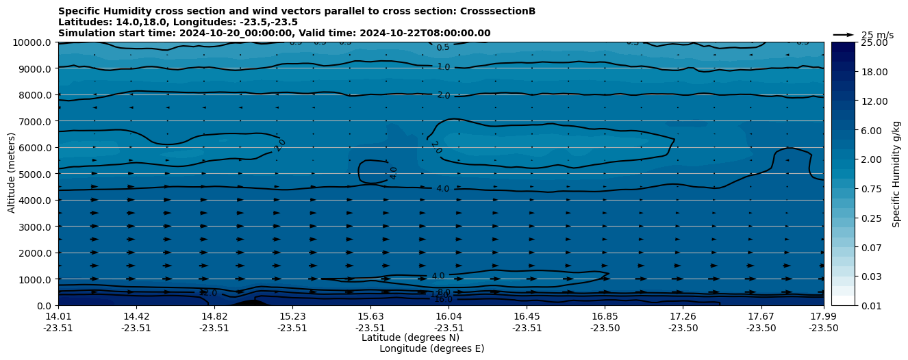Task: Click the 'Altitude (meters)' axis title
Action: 12,174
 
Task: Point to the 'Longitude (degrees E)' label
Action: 431,348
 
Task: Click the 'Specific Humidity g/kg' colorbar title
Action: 896,174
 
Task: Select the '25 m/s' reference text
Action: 877,36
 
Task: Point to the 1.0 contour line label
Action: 443,67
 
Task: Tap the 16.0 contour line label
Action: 443,300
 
